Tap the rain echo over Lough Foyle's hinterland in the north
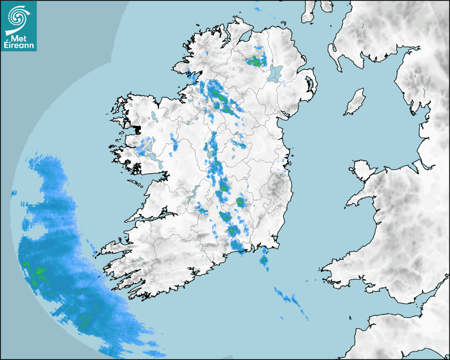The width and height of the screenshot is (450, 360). (x=256, y=61)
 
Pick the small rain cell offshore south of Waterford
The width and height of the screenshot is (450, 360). (x=264, y=259)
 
